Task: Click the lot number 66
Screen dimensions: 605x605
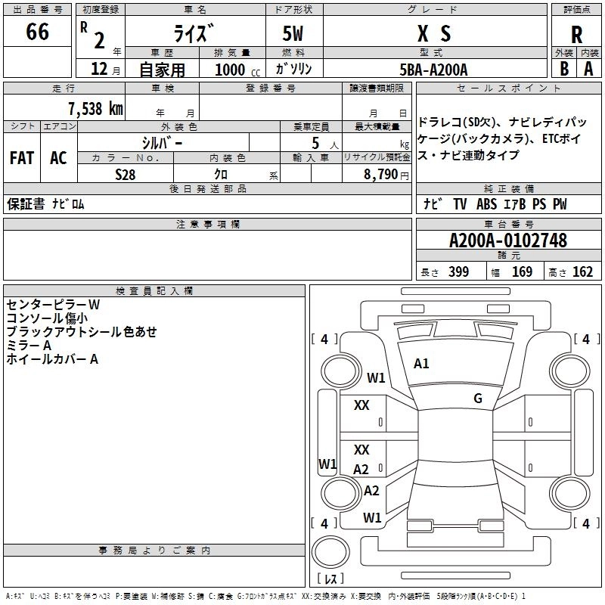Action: (37, 33)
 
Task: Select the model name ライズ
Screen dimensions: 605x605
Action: (194, 33)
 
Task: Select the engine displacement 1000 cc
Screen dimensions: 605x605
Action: (236, 70)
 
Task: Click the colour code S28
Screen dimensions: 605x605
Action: (126, 173)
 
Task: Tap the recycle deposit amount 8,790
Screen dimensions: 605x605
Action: (381, 174)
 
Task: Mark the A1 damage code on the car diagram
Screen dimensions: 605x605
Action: (421, 364)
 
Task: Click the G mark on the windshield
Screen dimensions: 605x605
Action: (477, 399)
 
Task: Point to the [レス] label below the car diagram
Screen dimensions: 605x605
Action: (330, 580)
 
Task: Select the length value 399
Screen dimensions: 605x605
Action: (458, 272)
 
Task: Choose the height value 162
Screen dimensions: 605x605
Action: (582, 272)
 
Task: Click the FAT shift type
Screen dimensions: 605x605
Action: (21, 158)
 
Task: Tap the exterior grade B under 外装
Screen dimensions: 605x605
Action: (563, 69)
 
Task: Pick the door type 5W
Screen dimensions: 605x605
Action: (293, 33)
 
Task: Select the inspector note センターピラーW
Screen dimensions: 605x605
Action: (53, 304)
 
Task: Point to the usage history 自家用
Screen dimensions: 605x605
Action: (162, 70)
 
